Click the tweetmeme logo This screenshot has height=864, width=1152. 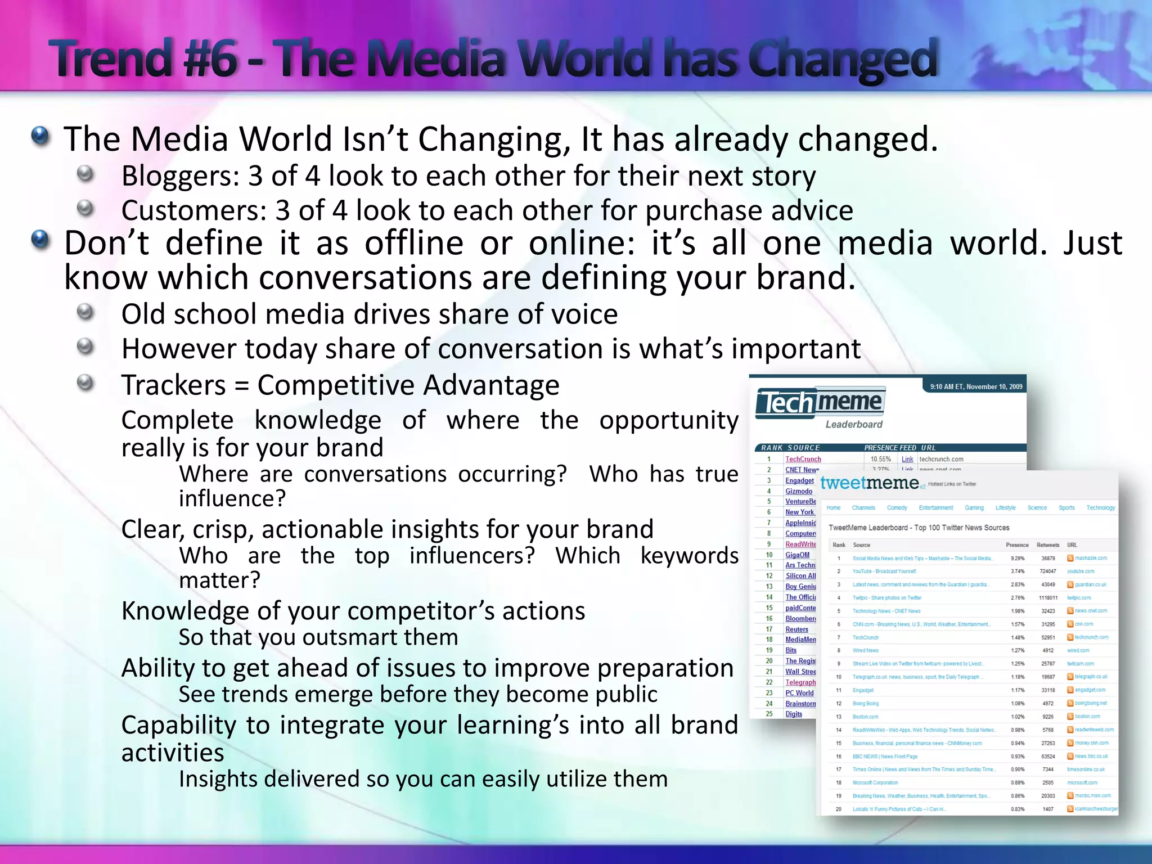click(869, 483)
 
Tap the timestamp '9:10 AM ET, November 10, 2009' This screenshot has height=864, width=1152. click(976, 386)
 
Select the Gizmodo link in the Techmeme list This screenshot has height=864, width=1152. click(799, 491)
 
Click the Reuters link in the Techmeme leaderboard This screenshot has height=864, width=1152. click(796, 629)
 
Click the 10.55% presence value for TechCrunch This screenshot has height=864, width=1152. click(880, 459)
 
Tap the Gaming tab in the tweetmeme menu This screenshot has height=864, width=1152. click(974, 508)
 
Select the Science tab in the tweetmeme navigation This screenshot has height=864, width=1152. click(1037, 508)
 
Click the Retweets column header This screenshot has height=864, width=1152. click(1047, 545)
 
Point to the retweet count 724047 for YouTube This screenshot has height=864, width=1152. click(1047, 571)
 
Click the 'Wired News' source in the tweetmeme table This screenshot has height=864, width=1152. click(865, 651)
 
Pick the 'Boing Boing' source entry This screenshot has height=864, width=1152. click(865, 704)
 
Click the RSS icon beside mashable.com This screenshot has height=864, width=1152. click(1070, 559)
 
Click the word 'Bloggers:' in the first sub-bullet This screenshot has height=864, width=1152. click(181, 176)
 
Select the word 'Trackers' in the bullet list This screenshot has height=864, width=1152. click(173, 385)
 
